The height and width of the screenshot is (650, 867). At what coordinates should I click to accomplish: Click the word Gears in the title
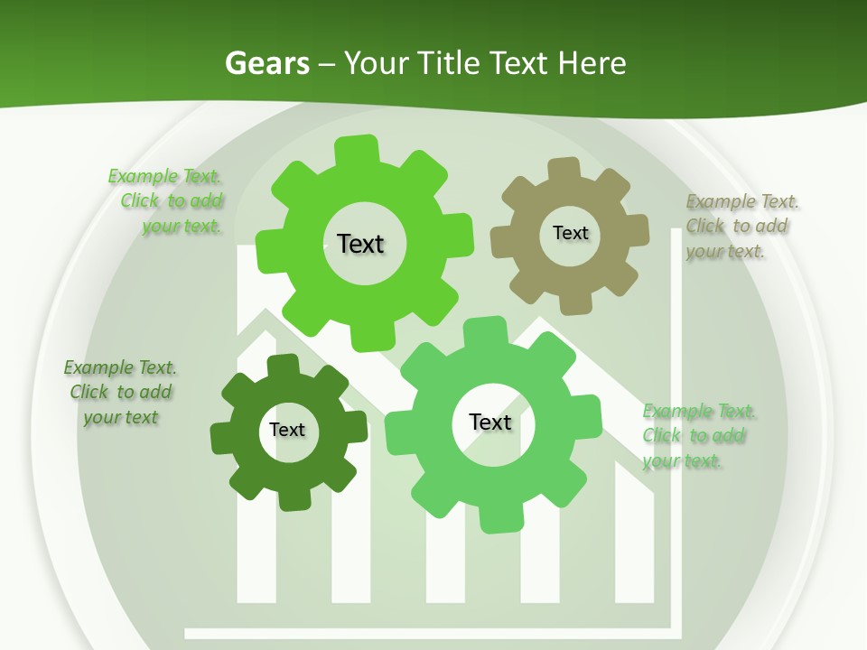pyautogui.click(x=266, y=63)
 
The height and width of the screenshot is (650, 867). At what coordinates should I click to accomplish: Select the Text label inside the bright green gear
pyautogui.click(x=360, y=244)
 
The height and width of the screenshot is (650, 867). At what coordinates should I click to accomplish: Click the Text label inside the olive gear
pyautogui.click(x=570, y=233)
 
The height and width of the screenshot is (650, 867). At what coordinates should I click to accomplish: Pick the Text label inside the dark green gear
pyautogui.click(x=287, y=430)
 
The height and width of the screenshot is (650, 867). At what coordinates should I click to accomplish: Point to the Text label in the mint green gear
pyautogui.click(x=490, y=422)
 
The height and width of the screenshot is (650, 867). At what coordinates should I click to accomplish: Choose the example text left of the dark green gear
pyautogui.click(x=120, y=393)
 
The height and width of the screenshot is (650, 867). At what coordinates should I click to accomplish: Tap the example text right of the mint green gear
pyautogui.click(x=697, y=436)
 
